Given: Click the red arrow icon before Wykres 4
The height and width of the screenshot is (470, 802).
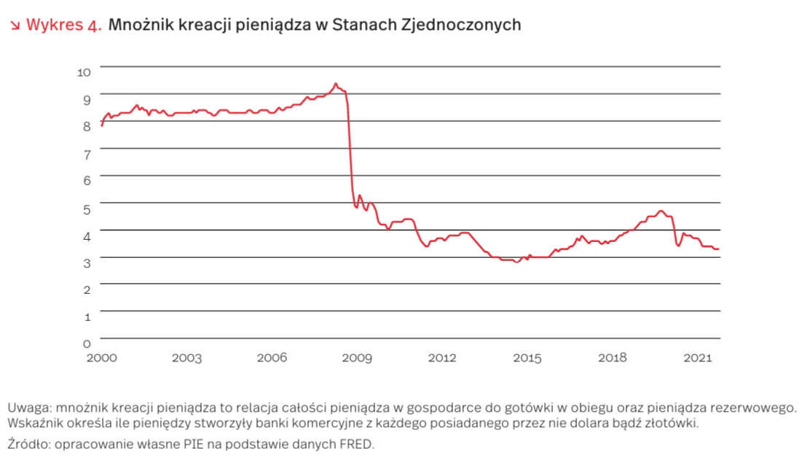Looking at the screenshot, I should pyautogui.click(x=15, y=26).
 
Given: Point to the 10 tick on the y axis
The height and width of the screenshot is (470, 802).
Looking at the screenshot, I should pyautogui.click(x=84, y=71).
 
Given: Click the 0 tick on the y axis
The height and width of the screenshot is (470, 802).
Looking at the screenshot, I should pyautogui.click(x=86, y=342).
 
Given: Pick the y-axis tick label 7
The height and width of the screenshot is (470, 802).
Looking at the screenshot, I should pyautogui.click(x=86, y=154).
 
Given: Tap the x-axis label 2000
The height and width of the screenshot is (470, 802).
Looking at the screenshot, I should pyautogui.click(x=101, y=358).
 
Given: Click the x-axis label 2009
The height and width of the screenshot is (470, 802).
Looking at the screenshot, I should pyautogui.click(x=357, y=358).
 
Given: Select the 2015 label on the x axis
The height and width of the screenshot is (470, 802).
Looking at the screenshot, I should pyautogui.click(x=527, y=358).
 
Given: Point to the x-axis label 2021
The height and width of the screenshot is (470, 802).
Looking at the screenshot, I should pyautogui.click(x=699, y=358).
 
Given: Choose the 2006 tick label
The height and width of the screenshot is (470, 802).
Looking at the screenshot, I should pyautogui.click(x=272, y=358).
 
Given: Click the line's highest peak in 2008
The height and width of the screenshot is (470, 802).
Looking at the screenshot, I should pyautogui.click(x=336, y=83).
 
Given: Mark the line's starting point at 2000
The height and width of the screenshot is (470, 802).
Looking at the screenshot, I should pyautogui.click(x=101, y=126).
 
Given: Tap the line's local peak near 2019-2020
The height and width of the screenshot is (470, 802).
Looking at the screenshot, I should pyautogui.click(x=661, y=211).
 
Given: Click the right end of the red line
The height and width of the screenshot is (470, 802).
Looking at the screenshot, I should pyautogui.click(x=719, y=249).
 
